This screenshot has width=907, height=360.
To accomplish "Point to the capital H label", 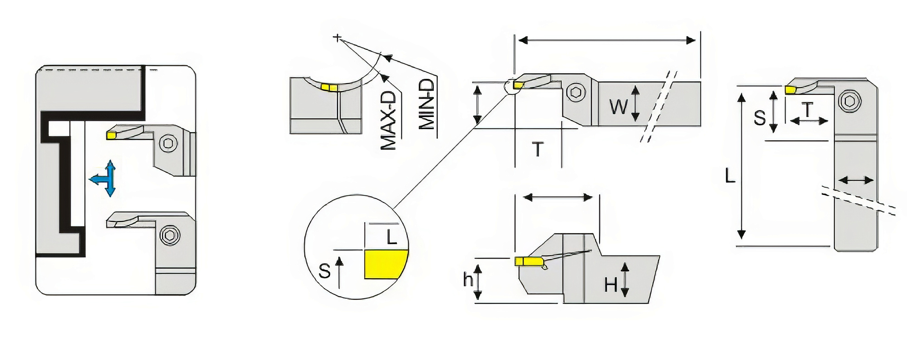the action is [x=611, y=285].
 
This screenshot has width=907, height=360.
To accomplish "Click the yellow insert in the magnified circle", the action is [x=386, y=264].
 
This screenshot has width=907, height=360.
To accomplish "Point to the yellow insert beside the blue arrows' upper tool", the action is [x=111, y=135].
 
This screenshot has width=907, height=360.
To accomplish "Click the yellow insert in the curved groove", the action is [x=329, y=87].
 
